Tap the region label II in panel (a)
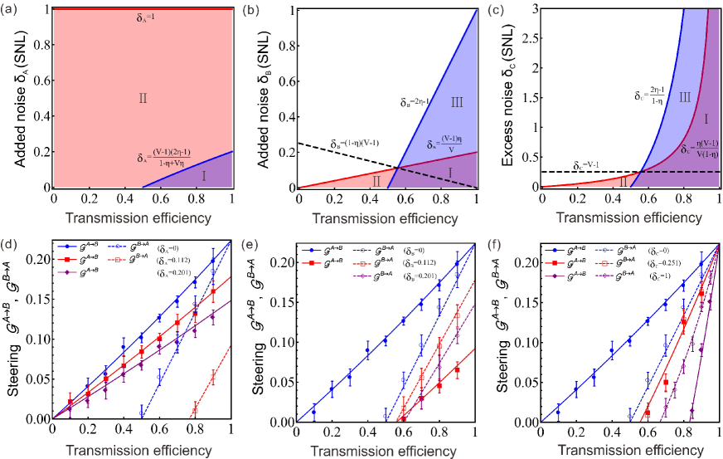pos(143,98)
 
